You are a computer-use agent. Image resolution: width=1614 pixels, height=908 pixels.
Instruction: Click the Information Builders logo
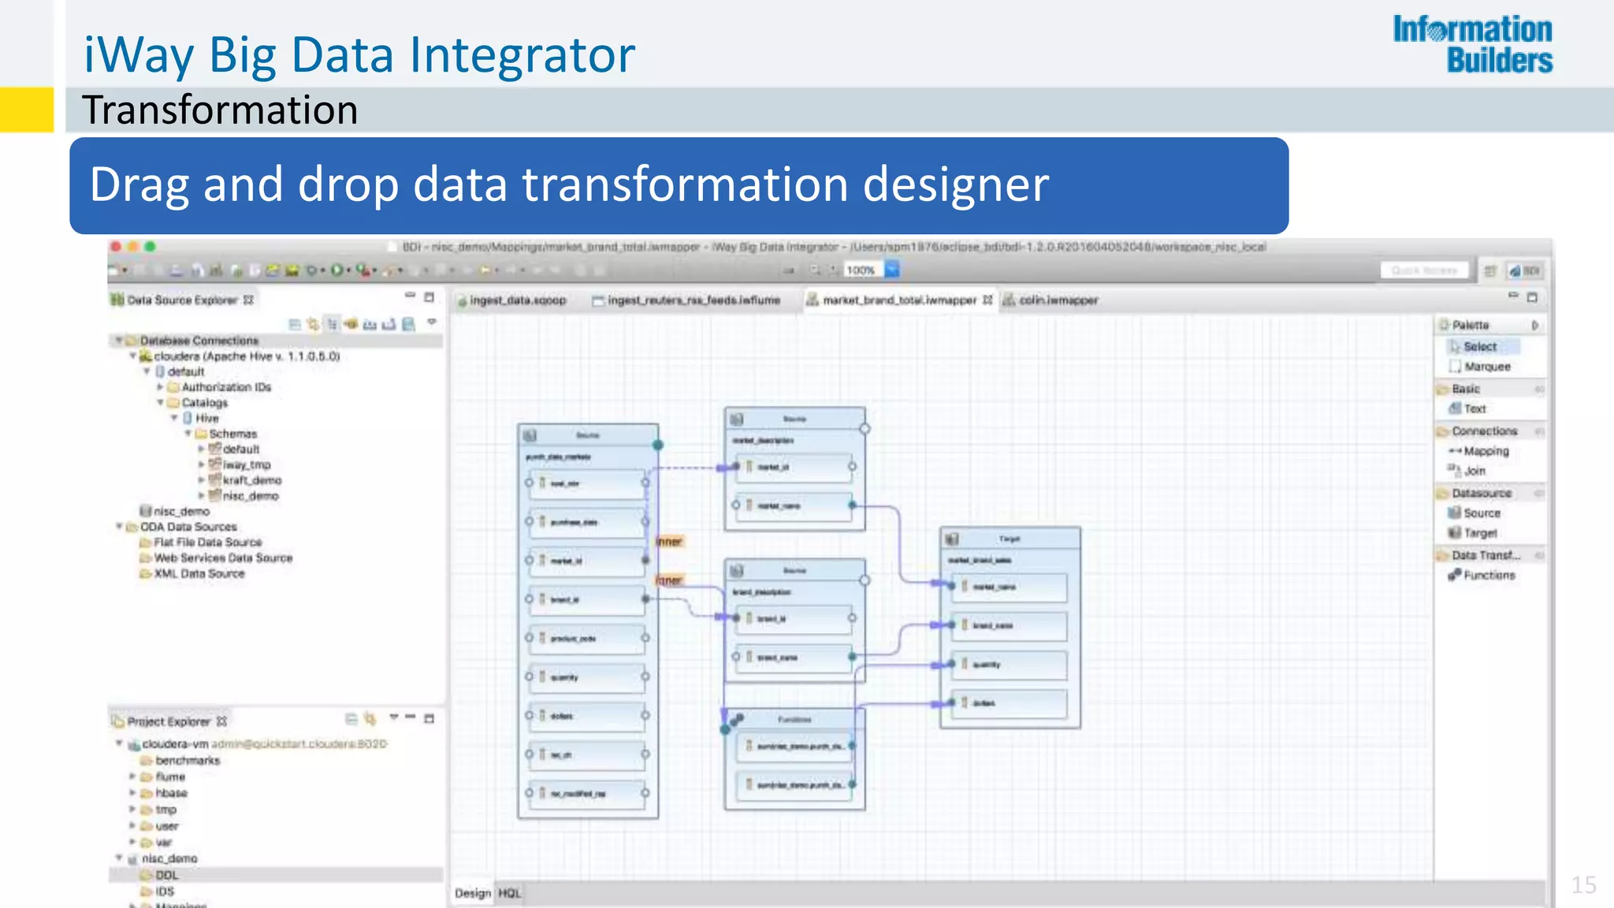pyautogui.click(x=1472, y=44)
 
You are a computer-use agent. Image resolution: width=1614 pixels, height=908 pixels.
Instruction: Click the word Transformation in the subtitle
pyautogui.click(x=220, y=110)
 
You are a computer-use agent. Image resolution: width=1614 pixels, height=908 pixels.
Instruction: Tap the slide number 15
pyautogui.click(x=1583, y=884)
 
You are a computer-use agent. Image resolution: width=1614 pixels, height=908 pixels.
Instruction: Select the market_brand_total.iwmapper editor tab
pyautogui.click(x=898, y=300)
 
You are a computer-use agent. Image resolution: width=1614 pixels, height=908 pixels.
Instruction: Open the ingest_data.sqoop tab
pyautogui.click(x=517, y=300)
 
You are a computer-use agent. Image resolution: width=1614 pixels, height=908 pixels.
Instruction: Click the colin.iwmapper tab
pyautogui.click(x=1058, y=300)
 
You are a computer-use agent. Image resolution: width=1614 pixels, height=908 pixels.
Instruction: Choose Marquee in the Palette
pyautogui.click(x=1486, y=367)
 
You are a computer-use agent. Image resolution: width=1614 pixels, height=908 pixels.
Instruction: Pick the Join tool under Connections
pyautogui.click(x=1474, y=471)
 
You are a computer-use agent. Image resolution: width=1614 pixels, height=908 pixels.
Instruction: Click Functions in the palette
pyautogui.click(x=1489, y=575)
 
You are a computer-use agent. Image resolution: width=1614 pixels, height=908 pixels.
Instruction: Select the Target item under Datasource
pyautogui.click(x=1479, y=533)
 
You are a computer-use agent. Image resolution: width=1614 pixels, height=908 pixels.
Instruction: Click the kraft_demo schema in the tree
pyautogui.click(x=251, y=480)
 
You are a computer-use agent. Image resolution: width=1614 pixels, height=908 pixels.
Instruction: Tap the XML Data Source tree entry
pyautogui.click(x=199, y=574)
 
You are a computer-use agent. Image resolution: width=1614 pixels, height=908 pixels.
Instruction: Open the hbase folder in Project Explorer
pyautogui.click(x=171, y=793)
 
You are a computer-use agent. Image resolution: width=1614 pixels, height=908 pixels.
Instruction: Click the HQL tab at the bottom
pyautogui.click(x=509, y=893)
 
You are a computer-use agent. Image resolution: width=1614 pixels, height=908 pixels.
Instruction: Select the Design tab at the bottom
pyautogui.click(x=472, y=893)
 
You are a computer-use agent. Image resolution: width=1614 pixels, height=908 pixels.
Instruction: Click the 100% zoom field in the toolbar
pyautogui.click(x=861, y=270)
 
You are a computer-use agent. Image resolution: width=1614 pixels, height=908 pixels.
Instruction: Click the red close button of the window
pyautogui.click(x=116, y=247)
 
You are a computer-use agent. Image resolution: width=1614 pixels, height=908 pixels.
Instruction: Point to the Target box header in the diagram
pyautogui.click(x=1009, y=539)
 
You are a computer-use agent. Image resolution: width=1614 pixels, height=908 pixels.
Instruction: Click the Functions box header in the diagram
pyautogui.click(x=794, y=720)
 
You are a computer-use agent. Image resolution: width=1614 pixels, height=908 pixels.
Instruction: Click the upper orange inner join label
pyautogui.click(x=669, y=541)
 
